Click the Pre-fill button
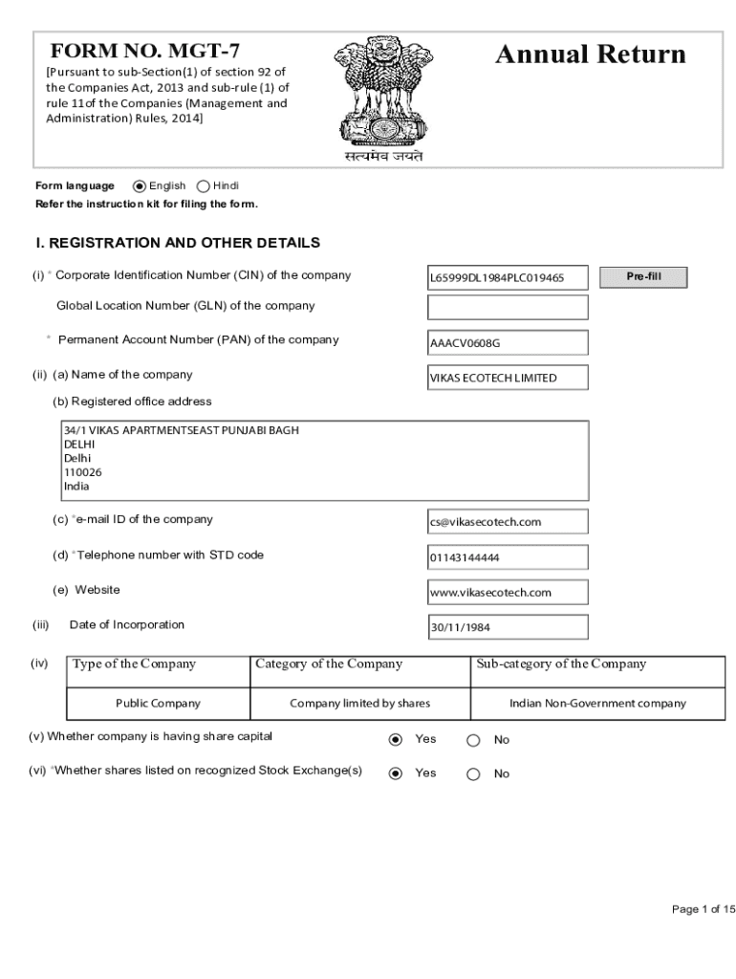tap(643, 277)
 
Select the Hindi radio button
tap(204, 186)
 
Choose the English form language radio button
tap(140, 186)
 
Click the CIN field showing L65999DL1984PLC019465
tap(508, 278)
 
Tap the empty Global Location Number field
tap(508, 307)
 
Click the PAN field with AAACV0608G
tap(508, 342)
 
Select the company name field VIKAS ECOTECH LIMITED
tap(508, 378)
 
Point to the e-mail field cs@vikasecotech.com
tap(508, 521)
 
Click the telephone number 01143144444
tap(508, 557)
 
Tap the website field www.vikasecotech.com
tap(508, 593)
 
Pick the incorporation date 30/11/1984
tap(508, 627)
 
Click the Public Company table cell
tap(158, 703)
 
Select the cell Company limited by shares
tap(359, 703)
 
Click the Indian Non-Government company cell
tap(597, 703)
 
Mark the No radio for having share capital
tap(473, 740)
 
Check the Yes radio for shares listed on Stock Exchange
tap(395, 774)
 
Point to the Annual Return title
tap(590, 54)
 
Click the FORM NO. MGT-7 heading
tap(145, 53)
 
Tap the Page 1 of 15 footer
tap(704, 909)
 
